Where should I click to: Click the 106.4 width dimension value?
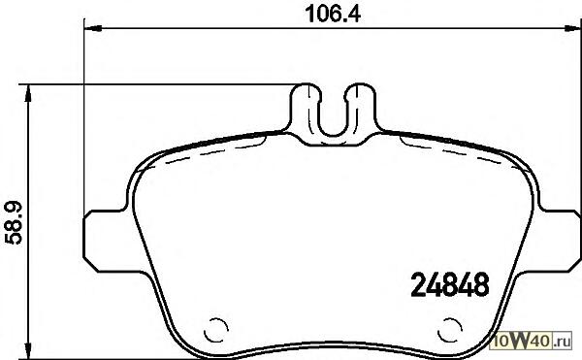(x=333, y=15)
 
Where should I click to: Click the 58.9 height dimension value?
(x=14, y=222)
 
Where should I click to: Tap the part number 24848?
(x=450, y=284)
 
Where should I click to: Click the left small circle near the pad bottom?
(x=215, y=330)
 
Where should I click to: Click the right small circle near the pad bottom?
(x=450, y=330)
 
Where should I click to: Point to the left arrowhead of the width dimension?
(x=93, y=28)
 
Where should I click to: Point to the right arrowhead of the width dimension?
(x=572, y=28)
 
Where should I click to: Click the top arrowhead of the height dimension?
(x=27, y=93)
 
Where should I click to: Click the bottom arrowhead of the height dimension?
(x=27, y=350)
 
